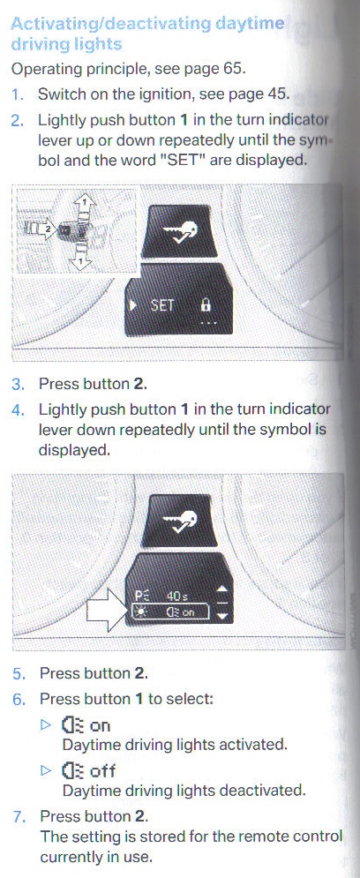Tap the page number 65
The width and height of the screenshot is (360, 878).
(x=234, y=70)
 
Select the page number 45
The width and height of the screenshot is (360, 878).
(x=276, y=94)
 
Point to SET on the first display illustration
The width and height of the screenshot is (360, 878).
(x=161, y=305)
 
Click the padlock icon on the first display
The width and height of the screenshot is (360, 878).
(x=206, y=305)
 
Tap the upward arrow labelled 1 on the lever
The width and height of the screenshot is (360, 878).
(x=83, y=208)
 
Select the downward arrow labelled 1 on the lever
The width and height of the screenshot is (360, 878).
(x=83, y=255)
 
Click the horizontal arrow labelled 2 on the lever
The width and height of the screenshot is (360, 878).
(x=43, y=229)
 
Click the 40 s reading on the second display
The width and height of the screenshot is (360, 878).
(x=177, y=597)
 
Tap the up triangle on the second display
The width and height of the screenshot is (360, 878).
(x=222, y=589)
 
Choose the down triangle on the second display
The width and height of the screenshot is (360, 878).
(x=222, y=616)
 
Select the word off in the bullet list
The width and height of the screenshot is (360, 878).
(x=102, y=771)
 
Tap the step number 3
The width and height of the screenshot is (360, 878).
(x=18, y=385)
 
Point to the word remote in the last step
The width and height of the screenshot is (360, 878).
(x=263, y=837)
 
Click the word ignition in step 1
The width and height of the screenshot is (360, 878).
(x=161, y=94)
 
